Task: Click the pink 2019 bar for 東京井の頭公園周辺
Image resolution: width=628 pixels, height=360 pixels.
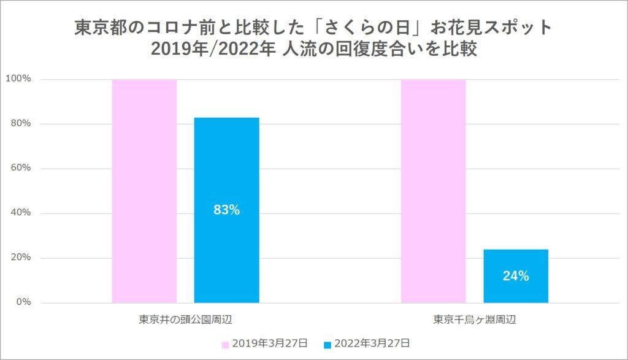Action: pos(144,191)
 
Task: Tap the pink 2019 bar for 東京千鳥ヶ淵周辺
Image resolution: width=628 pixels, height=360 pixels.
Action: pos(433,191)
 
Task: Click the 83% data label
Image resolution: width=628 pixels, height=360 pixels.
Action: pos(226,210)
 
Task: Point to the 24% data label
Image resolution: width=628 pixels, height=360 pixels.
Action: pos(515,276)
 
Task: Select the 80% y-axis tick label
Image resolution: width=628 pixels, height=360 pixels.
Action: pos(21,124)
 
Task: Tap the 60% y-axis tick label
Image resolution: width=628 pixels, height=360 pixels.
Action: pos(21,169)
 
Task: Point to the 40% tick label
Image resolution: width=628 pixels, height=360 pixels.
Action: pos(21,213)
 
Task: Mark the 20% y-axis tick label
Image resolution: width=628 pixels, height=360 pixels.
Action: pos(21,258)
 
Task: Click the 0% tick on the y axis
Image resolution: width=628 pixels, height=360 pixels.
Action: pos(23,302)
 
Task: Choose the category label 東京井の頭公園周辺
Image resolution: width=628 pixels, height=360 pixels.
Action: pos(185,320)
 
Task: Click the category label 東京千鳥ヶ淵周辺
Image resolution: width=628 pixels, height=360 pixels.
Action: pos(474,320)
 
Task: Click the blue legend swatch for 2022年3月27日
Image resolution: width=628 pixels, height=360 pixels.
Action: pos(327,343)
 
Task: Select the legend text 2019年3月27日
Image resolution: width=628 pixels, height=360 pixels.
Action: pos(269,343)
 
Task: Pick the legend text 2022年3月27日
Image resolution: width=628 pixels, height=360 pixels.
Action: pos(370,343)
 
